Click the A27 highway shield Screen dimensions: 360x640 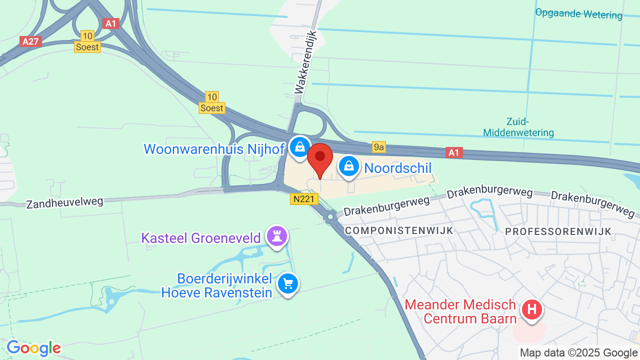[x=30, y=41]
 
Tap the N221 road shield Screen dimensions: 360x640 [x=304, y=199]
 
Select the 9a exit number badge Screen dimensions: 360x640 [x=379, y=146]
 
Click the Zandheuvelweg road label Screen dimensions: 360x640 [x=64, y=202]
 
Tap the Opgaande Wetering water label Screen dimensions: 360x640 [x=578, y=13]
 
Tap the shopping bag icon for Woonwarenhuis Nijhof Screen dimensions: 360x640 [x=299, y=147]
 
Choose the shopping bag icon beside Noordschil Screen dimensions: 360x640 [x=349, y=166]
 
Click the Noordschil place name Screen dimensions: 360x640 [x=397, y=168]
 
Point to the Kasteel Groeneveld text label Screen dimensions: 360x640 [x=201, y=237]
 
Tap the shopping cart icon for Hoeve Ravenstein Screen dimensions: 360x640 [x=288, y=284]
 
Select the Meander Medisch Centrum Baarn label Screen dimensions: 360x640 [x=460, y=311]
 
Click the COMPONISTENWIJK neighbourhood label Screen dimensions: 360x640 [x=399, y=230]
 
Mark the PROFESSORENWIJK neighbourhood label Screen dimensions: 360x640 [x=558, y=231]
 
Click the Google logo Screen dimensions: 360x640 [x=33, y=348]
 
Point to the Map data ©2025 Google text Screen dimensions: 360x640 [x=578, y=353]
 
